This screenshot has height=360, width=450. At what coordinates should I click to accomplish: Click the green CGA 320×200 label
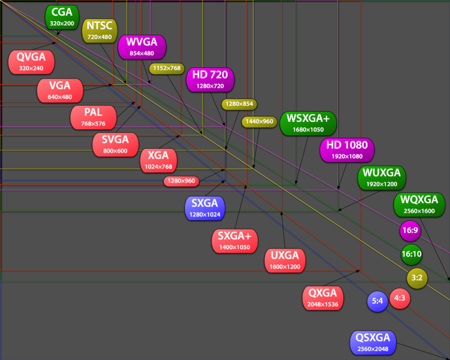tap(62, 17)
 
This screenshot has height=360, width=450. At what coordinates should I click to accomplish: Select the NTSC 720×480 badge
tap(100, 31)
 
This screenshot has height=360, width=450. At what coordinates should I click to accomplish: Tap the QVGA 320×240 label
tap(31, 62)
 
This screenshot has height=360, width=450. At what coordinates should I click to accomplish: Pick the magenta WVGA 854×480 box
tap(142, 47)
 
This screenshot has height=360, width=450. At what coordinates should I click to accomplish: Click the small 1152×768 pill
tap(167, 68)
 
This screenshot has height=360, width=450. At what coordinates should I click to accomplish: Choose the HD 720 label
tap(210, 80)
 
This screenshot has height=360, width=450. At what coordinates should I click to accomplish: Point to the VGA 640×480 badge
tap(60, 91)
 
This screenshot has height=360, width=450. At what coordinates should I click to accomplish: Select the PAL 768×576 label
tap(93, 118)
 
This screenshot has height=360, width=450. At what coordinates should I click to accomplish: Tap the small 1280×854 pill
tap(239, 104)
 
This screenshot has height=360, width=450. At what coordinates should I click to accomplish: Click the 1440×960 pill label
tap(259, 122)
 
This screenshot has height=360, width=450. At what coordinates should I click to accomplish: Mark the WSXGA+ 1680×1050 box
tap(308, 124)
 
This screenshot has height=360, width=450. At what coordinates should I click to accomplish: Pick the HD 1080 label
tap(347, 150)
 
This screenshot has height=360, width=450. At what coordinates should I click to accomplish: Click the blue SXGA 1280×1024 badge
tap(205, 208)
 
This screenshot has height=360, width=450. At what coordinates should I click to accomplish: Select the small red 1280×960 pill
tap(181, 181)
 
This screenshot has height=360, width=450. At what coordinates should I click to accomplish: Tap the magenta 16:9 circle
tap(410, 230)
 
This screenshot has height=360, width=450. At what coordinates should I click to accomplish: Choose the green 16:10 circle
tap(412, 254)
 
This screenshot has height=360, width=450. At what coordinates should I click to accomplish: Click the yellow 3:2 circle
tap(417, 278)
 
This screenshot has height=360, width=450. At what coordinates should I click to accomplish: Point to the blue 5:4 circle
tap(377, 301)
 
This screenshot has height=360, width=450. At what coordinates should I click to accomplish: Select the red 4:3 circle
tap(400, 298)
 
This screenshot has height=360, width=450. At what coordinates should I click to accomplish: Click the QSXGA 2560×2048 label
tap(373, 343)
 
